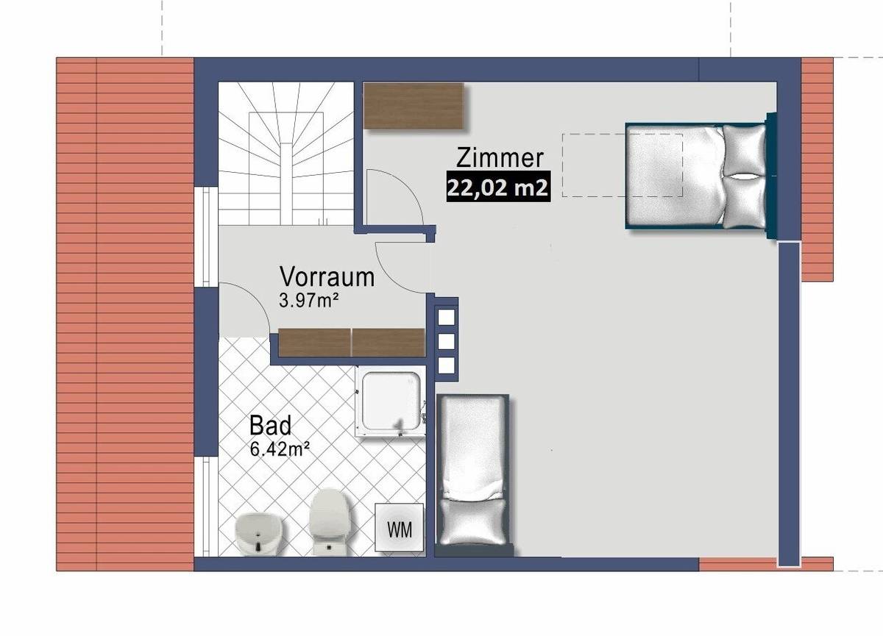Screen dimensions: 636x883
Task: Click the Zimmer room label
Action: coord(500,158)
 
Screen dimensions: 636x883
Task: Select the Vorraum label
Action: coord(327,277)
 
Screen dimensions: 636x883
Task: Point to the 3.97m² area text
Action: coord(308,300)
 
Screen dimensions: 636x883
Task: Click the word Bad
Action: coord(270,426)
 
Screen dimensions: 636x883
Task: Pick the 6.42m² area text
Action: coord(278,450)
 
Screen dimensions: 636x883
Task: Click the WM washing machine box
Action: coord(400,527)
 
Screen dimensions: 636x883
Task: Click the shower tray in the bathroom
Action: coord(391,404)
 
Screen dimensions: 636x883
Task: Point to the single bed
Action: coord(474,471)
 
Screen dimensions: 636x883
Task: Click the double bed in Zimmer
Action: coord(695,176)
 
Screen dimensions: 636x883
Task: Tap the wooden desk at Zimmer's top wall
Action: coord(414,105)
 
